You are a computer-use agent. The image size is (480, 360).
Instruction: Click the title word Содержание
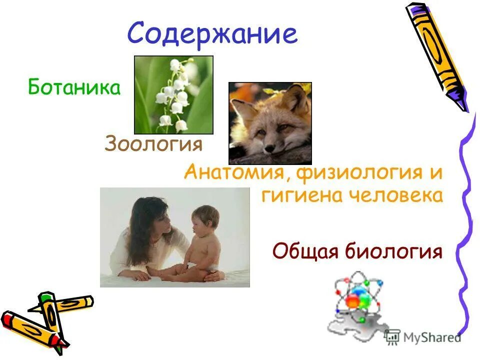tap(212, 35)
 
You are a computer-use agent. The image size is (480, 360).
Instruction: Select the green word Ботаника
tap(74, 88)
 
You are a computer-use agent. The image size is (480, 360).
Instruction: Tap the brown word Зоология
tap(153, 144)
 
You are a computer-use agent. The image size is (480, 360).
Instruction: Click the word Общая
tap(304, 251)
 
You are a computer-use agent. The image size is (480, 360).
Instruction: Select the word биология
tap(393, 251)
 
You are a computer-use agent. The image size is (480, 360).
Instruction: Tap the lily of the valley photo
tap(173, 95)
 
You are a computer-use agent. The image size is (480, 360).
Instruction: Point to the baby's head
tap(205, 218)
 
